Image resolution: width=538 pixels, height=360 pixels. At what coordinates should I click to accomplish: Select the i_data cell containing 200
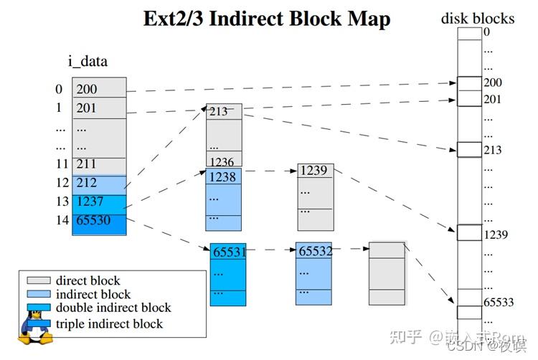[99, 89]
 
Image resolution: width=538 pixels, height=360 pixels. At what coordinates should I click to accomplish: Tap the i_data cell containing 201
[99, 108]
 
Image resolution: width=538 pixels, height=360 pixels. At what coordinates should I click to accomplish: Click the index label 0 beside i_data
[59, 89]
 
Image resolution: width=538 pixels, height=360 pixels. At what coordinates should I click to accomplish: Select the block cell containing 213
[224, 111]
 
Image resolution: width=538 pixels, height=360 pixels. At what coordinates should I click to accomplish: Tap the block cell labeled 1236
[224, 161]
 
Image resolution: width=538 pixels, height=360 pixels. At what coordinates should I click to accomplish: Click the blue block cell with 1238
[224, 176]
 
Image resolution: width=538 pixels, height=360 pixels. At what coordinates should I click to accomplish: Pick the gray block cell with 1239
[315, 171]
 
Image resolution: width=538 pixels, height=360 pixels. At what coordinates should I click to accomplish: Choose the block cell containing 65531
[228, 252]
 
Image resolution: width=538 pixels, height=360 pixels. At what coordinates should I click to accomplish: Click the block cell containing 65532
[314, 251]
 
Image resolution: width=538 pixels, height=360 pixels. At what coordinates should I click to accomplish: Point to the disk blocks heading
[477, 18]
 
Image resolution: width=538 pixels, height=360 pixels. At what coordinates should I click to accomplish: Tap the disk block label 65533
[499, 302]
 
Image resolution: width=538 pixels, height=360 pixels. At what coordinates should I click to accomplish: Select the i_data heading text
[88, 61]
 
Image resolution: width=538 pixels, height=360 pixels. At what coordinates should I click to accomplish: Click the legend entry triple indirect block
[109, 323]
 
